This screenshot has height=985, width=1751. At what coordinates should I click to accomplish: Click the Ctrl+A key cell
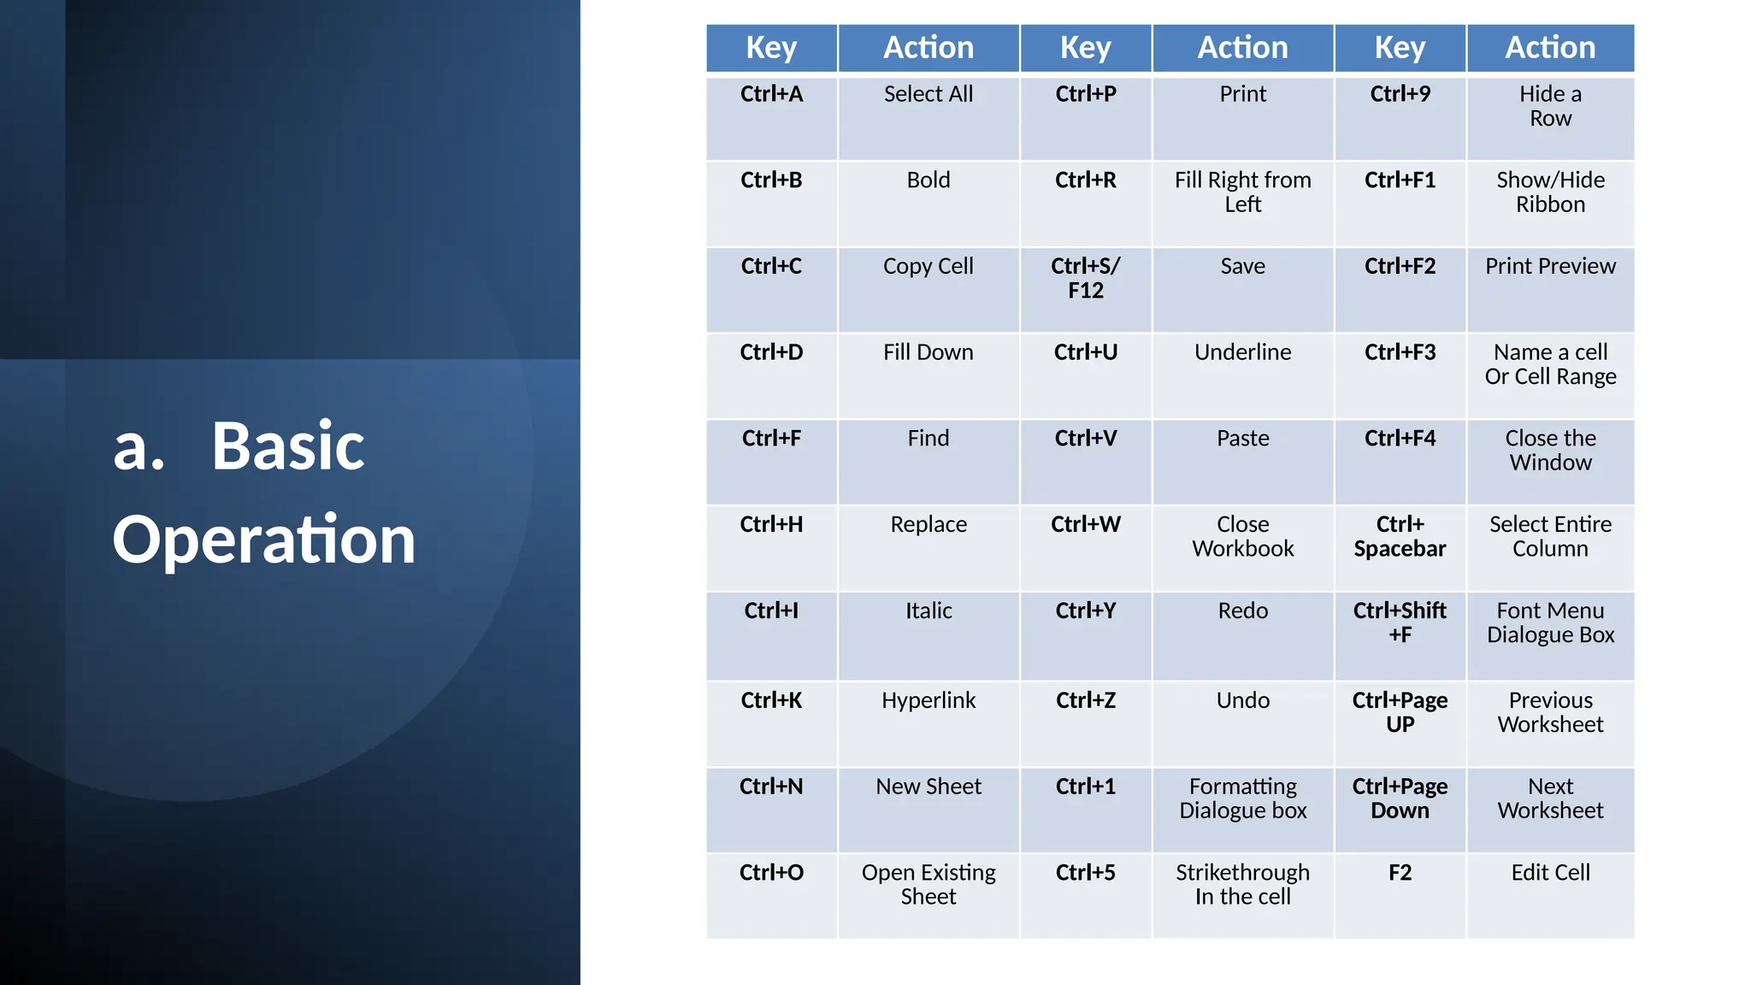771,94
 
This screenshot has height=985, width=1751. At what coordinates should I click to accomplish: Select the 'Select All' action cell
929,94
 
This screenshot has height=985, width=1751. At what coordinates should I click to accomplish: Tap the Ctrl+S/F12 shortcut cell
1085,278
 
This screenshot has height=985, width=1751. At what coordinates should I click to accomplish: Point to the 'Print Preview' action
1550,266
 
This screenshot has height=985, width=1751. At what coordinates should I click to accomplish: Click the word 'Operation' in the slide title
263,540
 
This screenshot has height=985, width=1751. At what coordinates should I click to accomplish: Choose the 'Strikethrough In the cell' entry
1242,884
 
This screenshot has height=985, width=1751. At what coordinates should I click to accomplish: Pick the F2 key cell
1400,872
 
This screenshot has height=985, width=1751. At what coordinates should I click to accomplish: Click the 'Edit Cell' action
1550,872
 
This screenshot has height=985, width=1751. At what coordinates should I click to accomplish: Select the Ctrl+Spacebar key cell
1400,536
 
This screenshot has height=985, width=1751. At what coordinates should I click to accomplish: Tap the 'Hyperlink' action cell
929,700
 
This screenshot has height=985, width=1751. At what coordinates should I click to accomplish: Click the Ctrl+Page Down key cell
1400,798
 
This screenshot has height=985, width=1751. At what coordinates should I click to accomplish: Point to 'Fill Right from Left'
1242,192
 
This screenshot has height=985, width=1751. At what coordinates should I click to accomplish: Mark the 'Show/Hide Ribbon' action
1550,192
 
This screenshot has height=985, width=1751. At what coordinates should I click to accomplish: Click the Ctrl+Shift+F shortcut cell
1400,622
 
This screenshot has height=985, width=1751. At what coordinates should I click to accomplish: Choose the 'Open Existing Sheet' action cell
929,884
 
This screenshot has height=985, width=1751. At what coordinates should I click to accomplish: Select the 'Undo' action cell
1242,700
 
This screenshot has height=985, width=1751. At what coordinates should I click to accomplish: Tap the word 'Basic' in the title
288,445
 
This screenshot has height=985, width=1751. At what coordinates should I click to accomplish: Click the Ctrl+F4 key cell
1400,438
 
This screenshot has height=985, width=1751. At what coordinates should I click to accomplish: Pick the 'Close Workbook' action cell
1242,536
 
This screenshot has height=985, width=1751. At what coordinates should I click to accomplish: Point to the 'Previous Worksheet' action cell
1550,712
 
